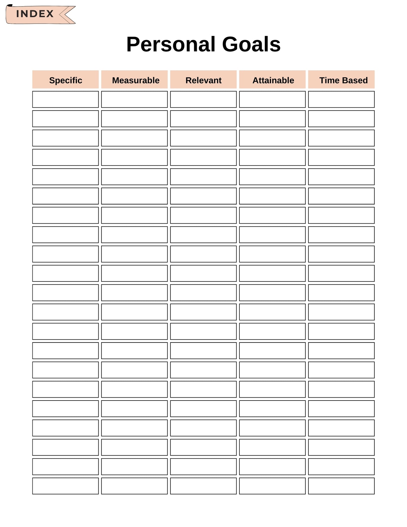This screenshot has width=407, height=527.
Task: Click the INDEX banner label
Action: [35, 14]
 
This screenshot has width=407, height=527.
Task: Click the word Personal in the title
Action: [171, 44]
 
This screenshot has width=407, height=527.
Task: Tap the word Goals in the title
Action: [251, 44]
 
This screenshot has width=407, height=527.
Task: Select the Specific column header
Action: [66, 80]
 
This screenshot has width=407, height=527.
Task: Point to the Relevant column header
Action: [203, 80]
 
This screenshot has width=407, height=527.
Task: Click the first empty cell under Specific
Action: [66, 99]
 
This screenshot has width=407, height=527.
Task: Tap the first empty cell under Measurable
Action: [135, 99]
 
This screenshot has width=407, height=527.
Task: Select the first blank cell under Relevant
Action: [203, 99]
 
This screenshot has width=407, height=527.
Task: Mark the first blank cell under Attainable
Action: [272, 99]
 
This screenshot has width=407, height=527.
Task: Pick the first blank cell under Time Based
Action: [341, 99]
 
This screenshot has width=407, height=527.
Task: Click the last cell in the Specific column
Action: [66, 486]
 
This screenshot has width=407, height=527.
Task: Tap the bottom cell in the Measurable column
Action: [135, 486]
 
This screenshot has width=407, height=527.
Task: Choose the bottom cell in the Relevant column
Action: [203, 486]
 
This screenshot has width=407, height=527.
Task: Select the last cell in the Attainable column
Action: [272, 486]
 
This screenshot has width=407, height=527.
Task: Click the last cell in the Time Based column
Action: [341, 486]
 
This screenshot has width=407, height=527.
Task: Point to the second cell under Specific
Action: [66, 119]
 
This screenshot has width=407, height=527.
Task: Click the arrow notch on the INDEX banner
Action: [66, 14]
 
